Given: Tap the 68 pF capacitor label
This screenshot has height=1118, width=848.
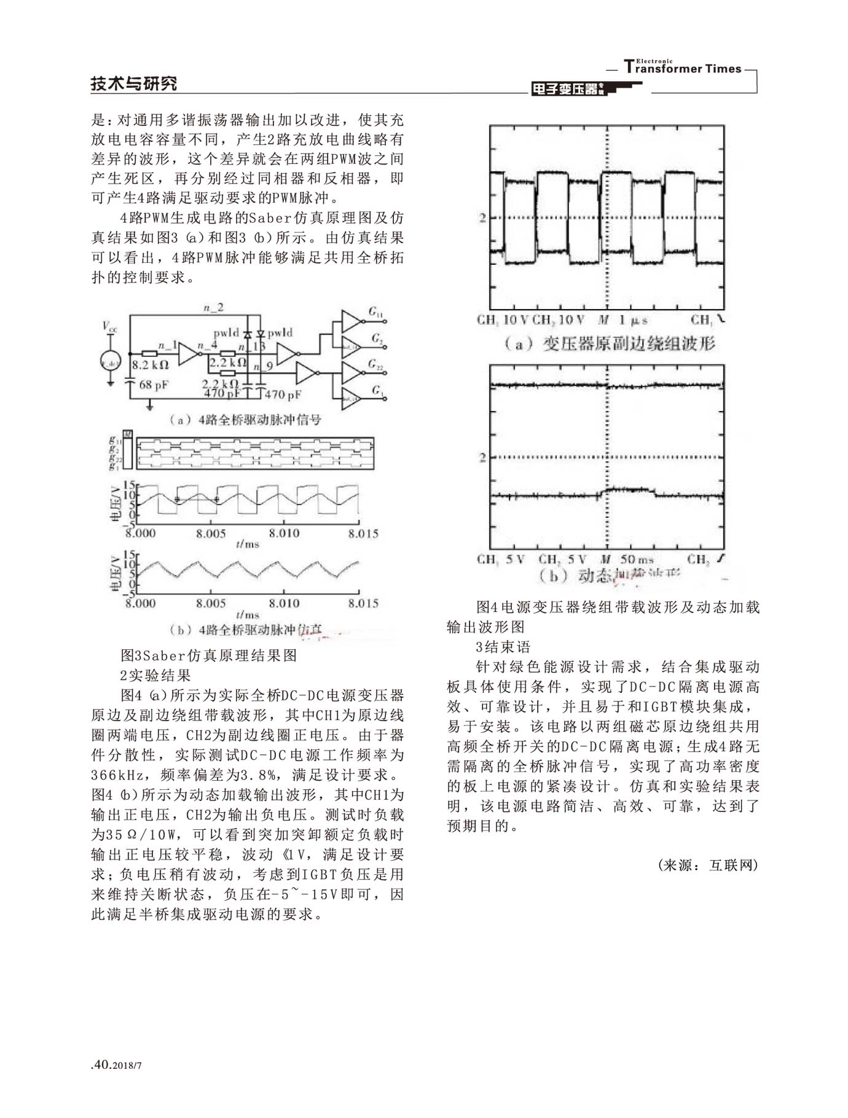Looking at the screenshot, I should pyautogui.click(x=154, y=385).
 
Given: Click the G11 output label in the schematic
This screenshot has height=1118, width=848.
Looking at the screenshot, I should pyautogui.click(x=375, y=313).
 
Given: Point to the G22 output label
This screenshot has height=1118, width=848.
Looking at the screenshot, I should pyautogui.click(x=375, y=365).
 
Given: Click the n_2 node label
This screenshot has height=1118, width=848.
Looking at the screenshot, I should pyautogui.click(x=213, y=308).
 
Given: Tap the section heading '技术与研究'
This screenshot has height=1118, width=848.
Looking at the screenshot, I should pyautogui.click(x=133, y=84).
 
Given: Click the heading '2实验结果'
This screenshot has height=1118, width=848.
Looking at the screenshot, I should pyautogui.click(x=155, y=676).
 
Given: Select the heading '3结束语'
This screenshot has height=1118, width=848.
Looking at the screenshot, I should pyautogui.click(x=503, y=647).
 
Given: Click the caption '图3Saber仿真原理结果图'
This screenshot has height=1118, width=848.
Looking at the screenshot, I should pyautogui.click(x=208, y=655).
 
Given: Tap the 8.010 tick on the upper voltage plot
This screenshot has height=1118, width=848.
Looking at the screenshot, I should pyautogui.click(x=283, y=533).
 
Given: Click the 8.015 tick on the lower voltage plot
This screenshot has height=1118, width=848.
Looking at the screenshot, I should pyautogui.click(x=363, y=603).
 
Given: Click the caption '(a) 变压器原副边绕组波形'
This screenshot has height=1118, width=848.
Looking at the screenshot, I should pyautogui.click(x=610, y=344).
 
